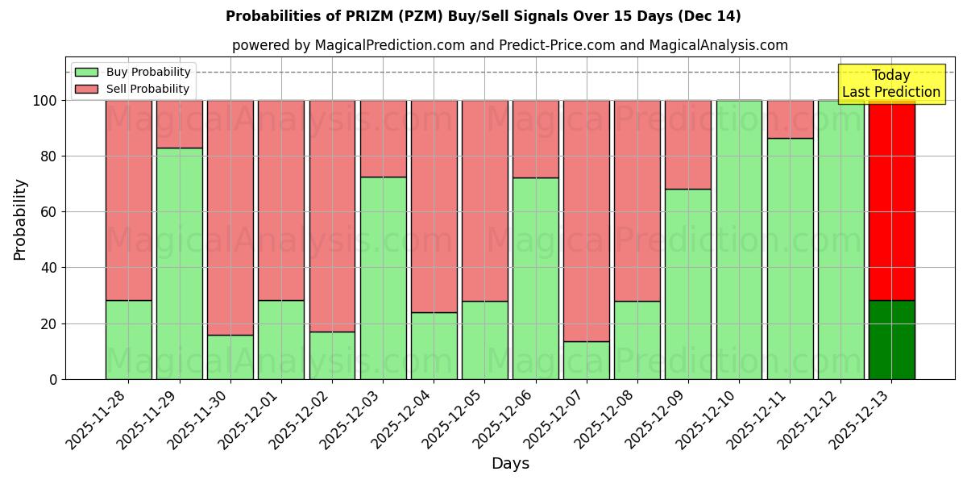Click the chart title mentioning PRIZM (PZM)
[483, 16]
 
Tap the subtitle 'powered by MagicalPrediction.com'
[509, 45]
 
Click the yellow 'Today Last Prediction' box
[890, 84]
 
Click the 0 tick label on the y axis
[53, 379]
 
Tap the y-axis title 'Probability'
[20, 219]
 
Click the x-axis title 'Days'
[510, 464]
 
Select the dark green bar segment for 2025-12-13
[891, 340]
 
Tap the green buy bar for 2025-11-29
[179, 263]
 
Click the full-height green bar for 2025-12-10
[739, 240]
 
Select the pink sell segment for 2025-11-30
[230, 218]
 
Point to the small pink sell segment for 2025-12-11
[790, 119]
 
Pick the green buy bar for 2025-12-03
[383, 277]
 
